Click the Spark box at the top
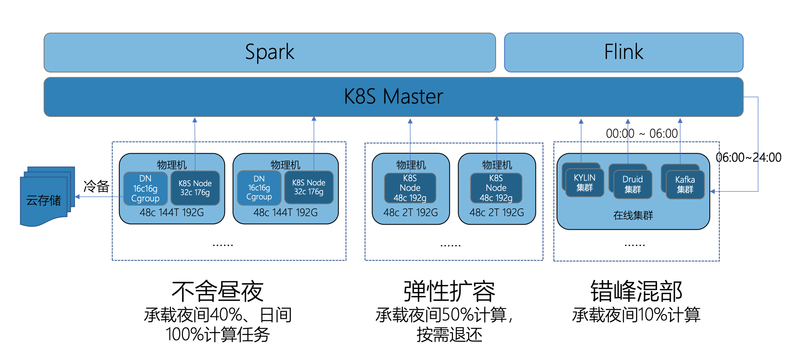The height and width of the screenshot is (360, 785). coord(270,52)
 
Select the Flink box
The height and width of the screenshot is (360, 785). coord(623,52)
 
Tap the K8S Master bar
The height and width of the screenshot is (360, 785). coord(393,97)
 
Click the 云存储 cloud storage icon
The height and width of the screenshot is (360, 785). coord(44,199)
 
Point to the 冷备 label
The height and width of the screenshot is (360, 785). coord(97,186)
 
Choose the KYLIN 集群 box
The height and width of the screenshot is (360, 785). coord(584,183)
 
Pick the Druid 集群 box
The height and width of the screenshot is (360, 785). coord(633,184)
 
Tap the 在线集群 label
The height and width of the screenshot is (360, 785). coord(633,215)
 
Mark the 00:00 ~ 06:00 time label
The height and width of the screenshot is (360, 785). coord(641,134)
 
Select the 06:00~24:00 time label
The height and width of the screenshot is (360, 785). coord(748,157)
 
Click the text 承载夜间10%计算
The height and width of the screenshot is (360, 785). coord(636,315)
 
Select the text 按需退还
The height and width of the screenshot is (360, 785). coord(449,335)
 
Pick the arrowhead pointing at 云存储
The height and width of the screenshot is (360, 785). coord(77,197)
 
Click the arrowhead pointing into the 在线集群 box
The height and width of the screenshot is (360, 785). coord(712,191)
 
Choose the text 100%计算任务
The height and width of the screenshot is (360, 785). coord(218,335)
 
